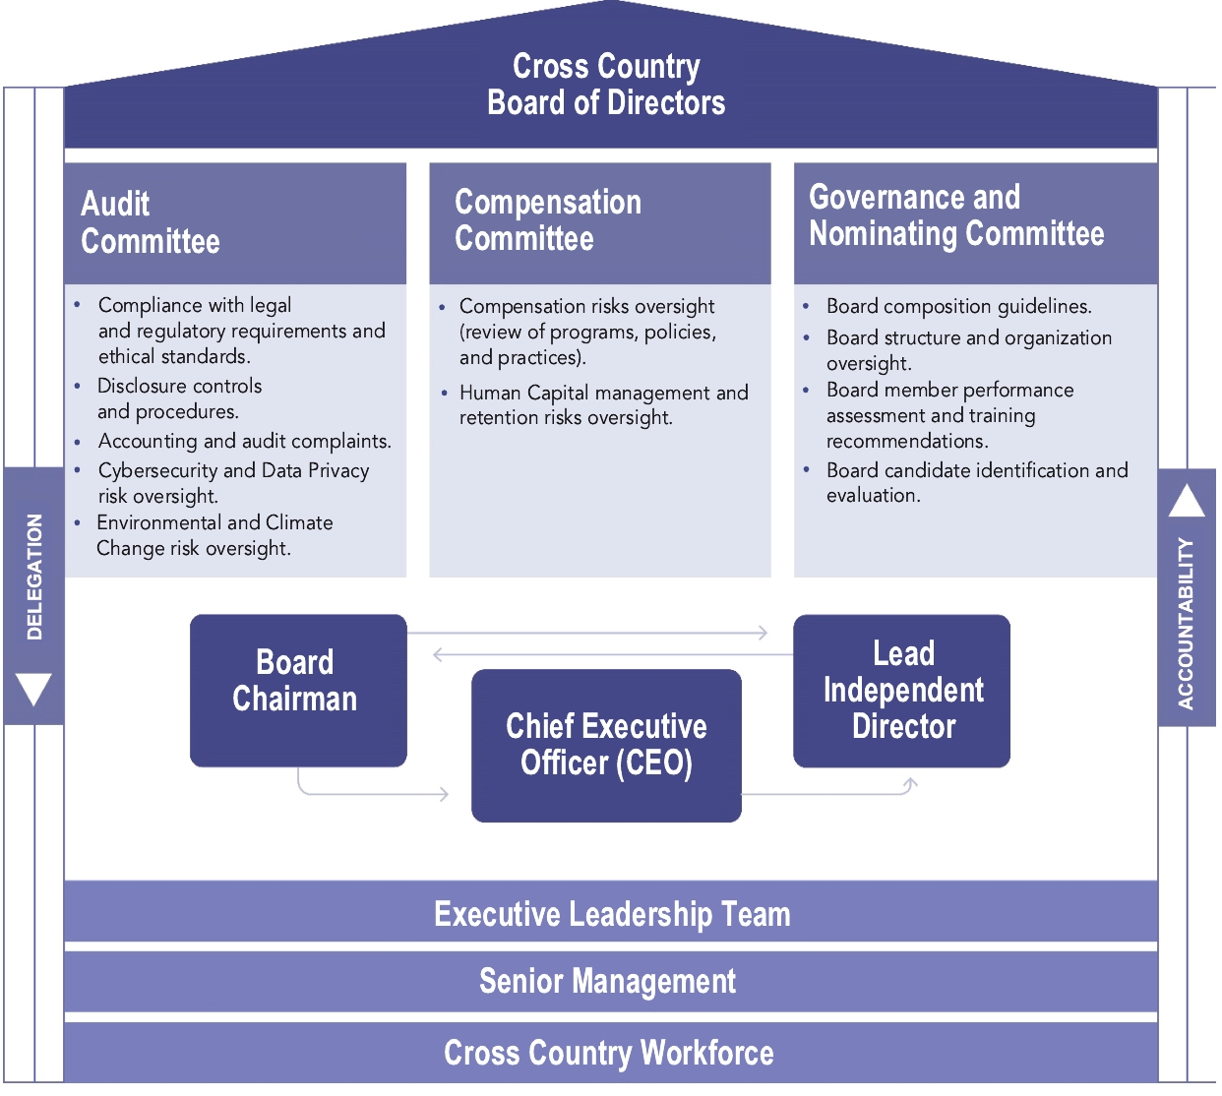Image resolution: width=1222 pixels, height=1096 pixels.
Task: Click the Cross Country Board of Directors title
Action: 606,85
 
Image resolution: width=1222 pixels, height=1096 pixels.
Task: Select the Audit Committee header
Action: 151,222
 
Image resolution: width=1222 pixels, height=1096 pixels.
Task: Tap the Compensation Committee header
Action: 547,220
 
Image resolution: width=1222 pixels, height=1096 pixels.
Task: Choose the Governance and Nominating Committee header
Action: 955,215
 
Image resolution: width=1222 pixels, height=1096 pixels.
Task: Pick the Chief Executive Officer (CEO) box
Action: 606,745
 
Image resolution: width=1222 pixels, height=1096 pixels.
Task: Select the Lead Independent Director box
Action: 902,690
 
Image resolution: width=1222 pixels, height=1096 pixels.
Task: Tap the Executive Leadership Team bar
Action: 611,914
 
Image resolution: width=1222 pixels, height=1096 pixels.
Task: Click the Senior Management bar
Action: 607,981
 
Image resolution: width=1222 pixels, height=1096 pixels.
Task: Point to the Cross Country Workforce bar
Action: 608,1053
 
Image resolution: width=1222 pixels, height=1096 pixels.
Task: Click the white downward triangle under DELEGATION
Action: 34,689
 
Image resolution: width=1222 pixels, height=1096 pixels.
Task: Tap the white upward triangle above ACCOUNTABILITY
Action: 1187,501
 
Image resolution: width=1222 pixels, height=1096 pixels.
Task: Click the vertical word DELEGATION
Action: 34,577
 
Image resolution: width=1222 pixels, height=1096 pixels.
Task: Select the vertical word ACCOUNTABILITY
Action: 1186,623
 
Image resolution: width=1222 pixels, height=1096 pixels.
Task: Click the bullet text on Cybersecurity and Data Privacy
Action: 232,483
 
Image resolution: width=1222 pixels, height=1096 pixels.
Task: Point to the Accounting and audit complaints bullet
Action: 244,441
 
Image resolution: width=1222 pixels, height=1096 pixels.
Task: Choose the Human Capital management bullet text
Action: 603,405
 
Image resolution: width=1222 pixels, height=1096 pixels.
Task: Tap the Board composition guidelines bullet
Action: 958,306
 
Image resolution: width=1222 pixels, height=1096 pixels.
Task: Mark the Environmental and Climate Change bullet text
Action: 214,535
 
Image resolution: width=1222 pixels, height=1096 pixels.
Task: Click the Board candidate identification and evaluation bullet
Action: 976,482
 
